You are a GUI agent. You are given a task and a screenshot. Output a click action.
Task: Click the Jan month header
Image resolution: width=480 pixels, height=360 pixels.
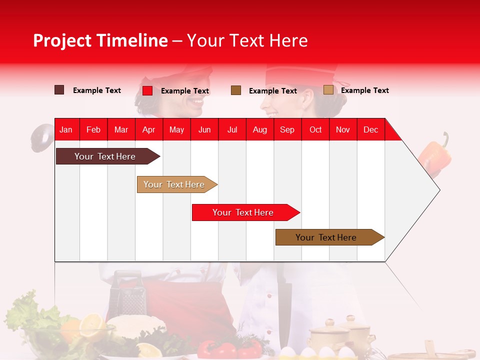pyautogui.click(x=66, y=129)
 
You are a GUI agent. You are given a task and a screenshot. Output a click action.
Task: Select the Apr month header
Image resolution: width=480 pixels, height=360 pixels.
pyautogui.click(x=148, y=129)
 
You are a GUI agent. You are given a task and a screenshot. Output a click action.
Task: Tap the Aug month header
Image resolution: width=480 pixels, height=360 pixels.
pyautogui.click(x=259, y=129)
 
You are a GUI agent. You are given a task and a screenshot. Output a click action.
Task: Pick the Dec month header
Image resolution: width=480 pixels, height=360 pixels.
pyautogui.click(x=370, y=129)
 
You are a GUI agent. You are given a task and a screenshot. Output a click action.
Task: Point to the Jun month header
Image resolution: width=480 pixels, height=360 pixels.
pyautogui.click(x=204, y=129)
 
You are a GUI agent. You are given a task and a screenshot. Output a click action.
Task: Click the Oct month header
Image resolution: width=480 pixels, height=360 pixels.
pyautogui.click(x=315, y=129)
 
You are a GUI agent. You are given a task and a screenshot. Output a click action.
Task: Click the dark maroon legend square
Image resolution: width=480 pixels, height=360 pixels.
pyautogui.click(x=59, y=90)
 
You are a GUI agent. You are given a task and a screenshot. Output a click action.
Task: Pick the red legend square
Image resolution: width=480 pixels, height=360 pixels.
pyautogui.click(x=147, y=90)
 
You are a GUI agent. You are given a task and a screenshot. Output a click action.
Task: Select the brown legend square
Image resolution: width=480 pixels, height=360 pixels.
pyautogui.click(x=236, y=90)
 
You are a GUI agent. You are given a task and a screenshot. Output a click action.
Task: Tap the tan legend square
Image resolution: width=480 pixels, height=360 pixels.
pyautogui.click(x=328, y=90)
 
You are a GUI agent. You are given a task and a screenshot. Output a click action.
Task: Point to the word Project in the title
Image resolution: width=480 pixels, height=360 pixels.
pyautogui.click(x=62, y=40)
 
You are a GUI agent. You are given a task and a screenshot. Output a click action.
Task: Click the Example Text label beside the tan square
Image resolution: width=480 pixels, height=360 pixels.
pyautogui.click(x=364, y=90)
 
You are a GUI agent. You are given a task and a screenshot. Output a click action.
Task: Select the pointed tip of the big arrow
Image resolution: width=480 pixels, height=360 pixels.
pyautogui.click(x=438, y=190)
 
